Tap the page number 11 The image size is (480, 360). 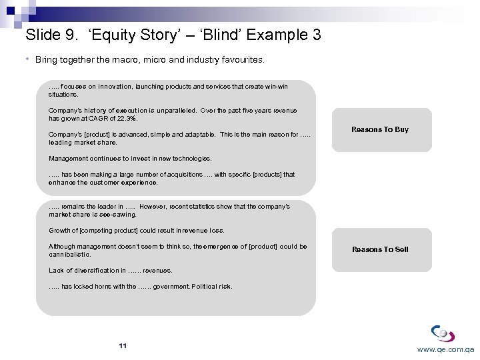pos(122,345)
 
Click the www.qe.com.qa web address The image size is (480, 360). pos(445,349)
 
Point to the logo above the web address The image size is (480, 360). pos(443,333)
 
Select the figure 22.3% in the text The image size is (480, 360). pos(126,119)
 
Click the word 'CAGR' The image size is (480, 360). pos(99,119)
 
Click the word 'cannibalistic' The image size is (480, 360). pos(69,255)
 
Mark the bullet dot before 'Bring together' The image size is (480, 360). pos(28,59)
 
